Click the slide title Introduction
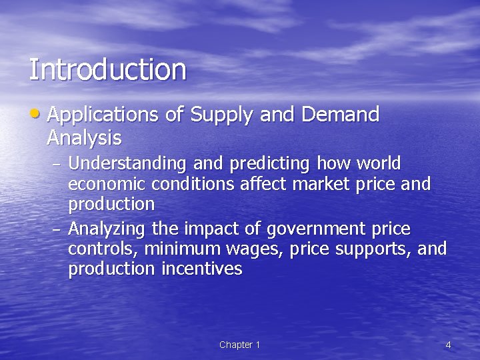tap(107, 70)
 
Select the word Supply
tap(222, 115)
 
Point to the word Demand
tap(340, 115)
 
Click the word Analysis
tap(84, 138)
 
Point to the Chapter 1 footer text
tap(239, 345)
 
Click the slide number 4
tap(448, 345)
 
